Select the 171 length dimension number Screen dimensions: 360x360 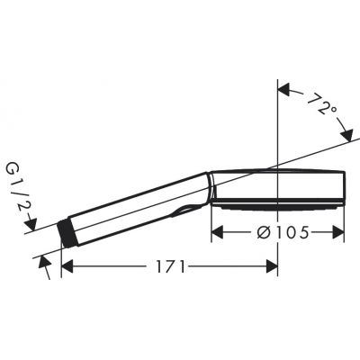click(169, 266)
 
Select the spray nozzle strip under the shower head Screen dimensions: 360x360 click(279, 206)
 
